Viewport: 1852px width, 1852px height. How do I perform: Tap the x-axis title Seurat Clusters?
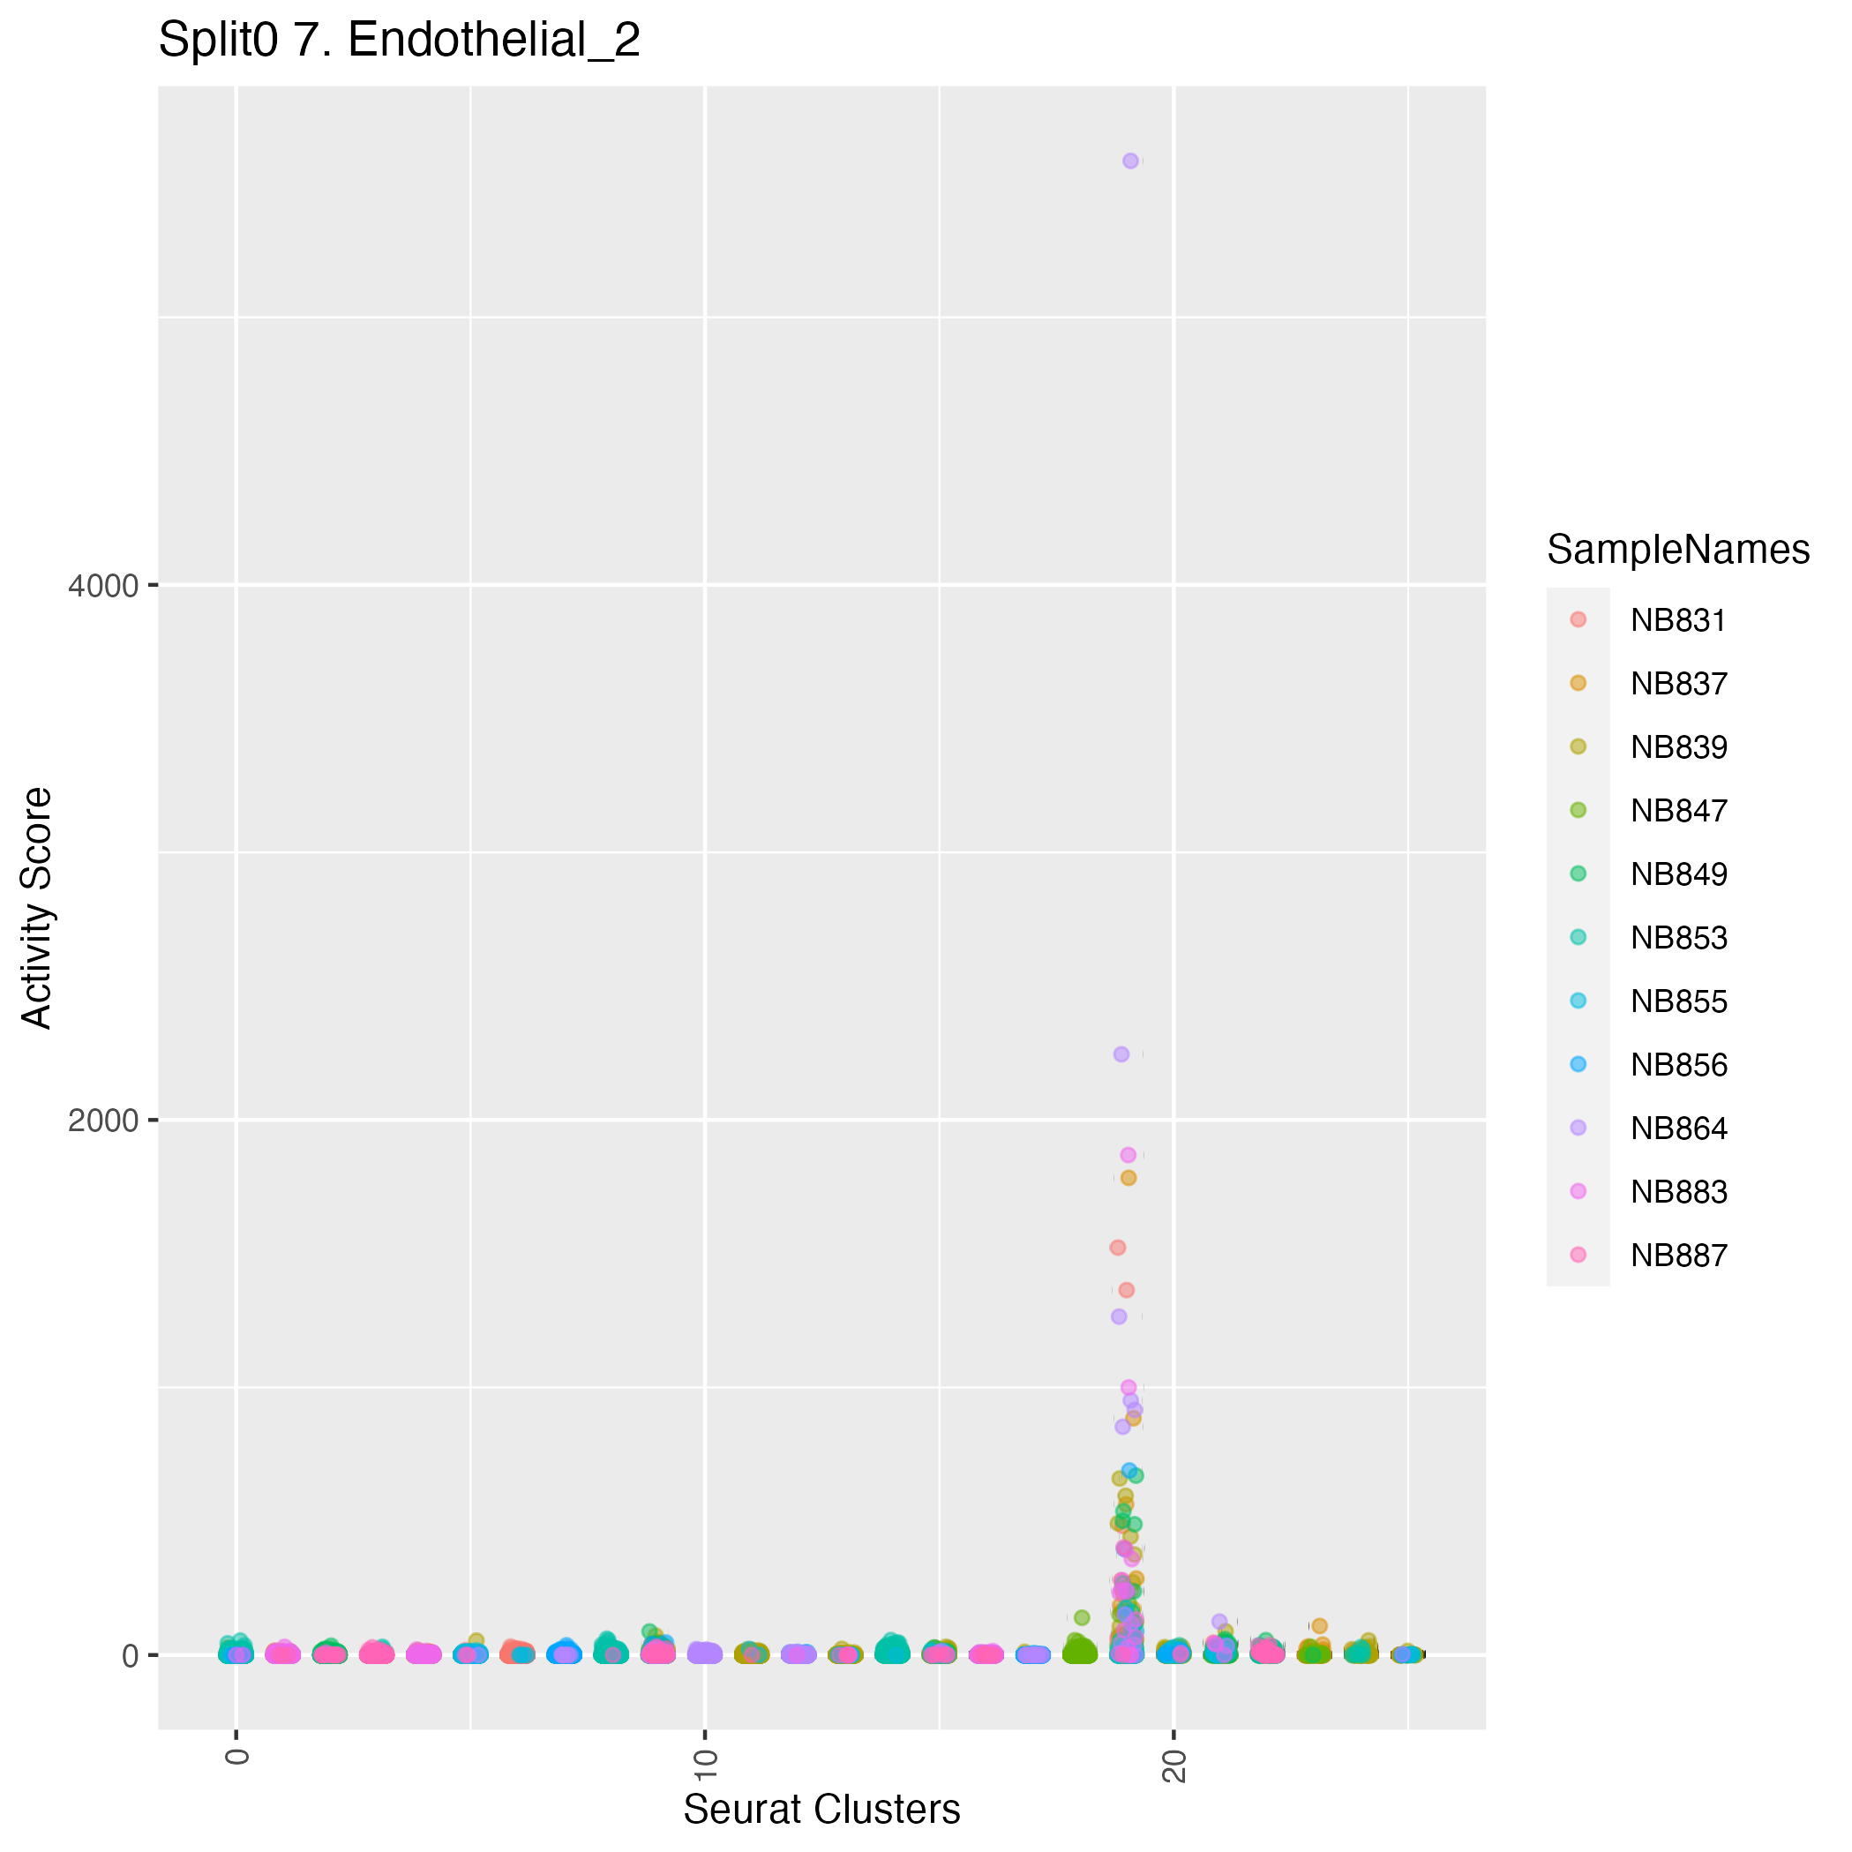(x=821, y=1809)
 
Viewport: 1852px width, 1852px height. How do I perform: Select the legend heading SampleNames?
(x=1677, y=550)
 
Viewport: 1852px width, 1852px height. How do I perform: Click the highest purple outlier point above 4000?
(x=1131, y=161)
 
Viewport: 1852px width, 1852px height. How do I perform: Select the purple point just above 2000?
(x=1121, y=1054)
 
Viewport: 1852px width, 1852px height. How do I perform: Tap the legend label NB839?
(x=1678, y=747)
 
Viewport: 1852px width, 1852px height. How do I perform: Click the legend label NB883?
(x=1678, y=1191)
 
